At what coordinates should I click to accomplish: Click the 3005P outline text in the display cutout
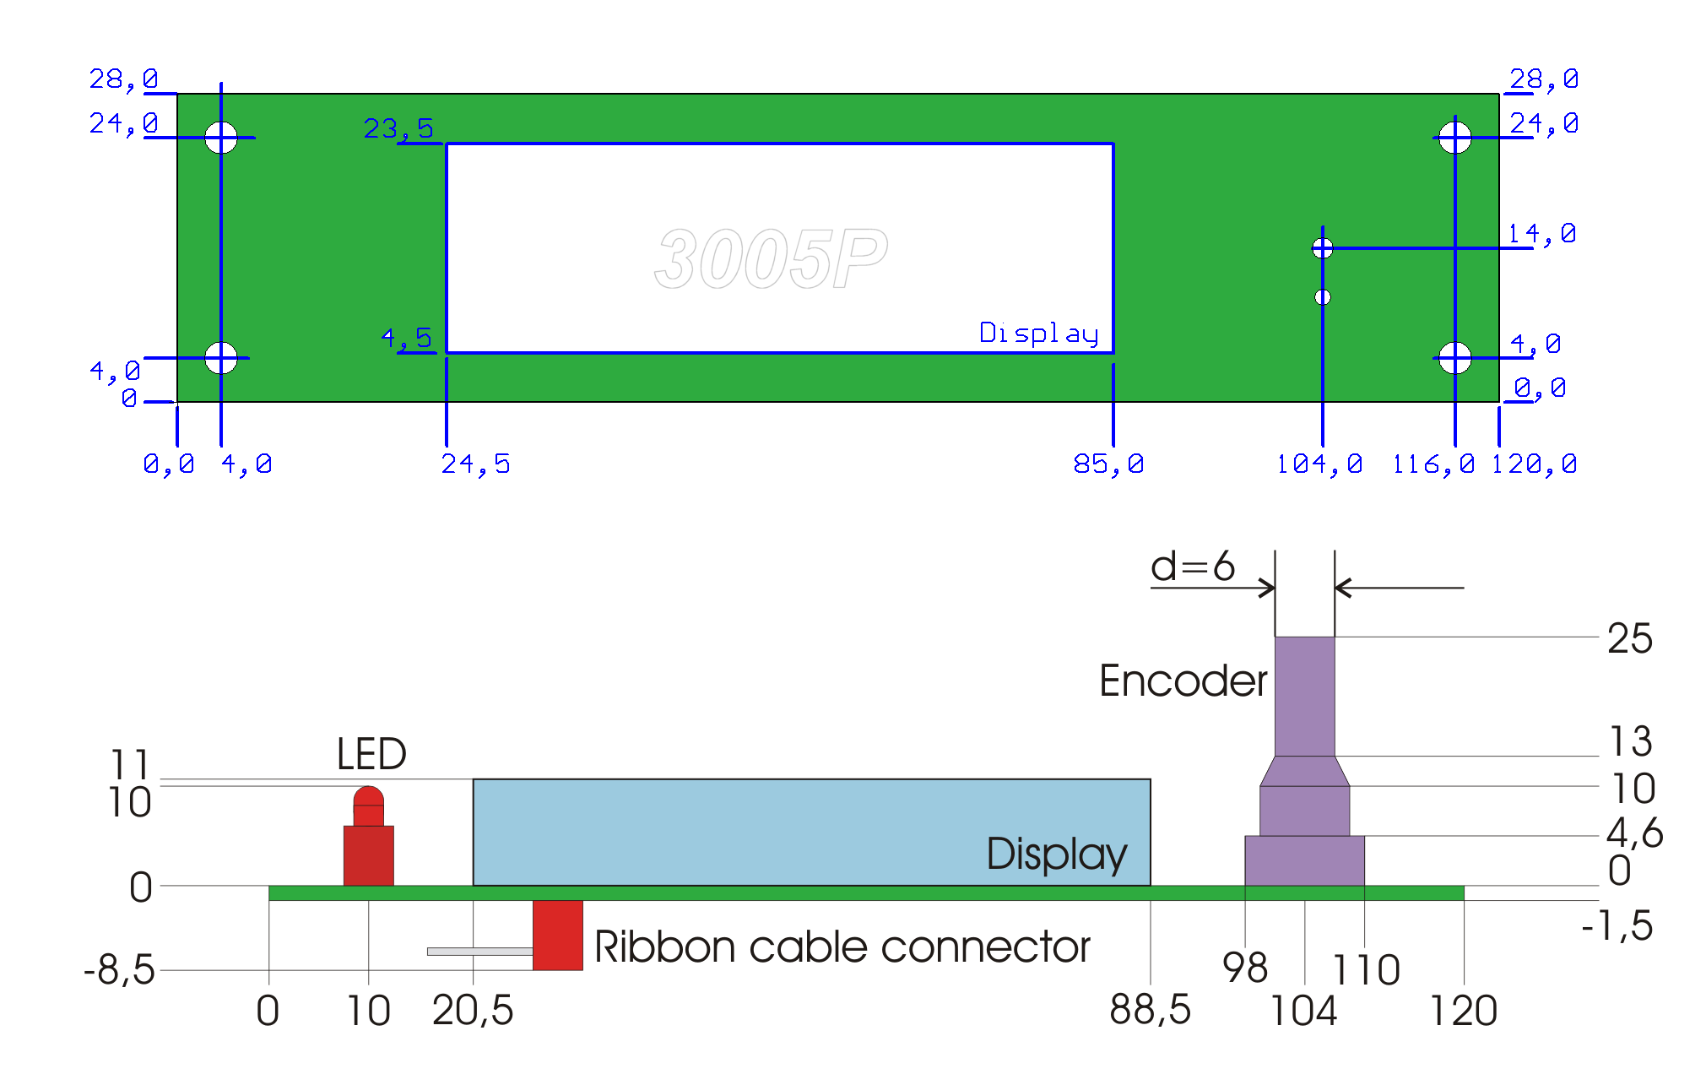click(771, 258)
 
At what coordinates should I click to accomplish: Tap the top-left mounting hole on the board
click(221, 137)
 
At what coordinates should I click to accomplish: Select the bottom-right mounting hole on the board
click(1454, 358)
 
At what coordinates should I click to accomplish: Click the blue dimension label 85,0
click(1108, 464)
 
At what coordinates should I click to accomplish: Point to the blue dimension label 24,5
click(475, 464)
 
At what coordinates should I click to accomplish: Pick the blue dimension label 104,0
click(1319, 464)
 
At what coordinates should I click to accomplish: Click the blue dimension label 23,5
click(398, 128)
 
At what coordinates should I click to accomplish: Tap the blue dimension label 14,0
click(1541, 233)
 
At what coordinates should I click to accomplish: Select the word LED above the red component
click(371, 753)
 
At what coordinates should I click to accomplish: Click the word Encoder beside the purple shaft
click(1183, 681)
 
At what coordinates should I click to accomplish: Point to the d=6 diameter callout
click(1192, 566)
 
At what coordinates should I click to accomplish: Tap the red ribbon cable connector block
click(557, 935)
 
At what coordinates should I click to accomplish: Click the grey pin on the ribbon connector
click(479, 952)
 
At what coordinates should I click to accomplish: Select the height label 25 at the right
click(1629, 638)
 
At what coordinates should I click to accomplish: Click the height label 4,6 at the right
click(1634, 833)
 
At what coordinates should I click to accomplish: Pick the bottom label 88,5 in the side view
click(1150, 1010)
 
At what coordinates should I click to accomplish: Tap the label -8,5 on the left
click(120, 969)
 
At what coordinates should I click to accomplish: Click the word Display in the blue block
click(1056, 854)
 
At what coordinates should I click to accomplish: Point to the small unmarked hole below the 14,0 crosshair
click(1323, 297)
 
